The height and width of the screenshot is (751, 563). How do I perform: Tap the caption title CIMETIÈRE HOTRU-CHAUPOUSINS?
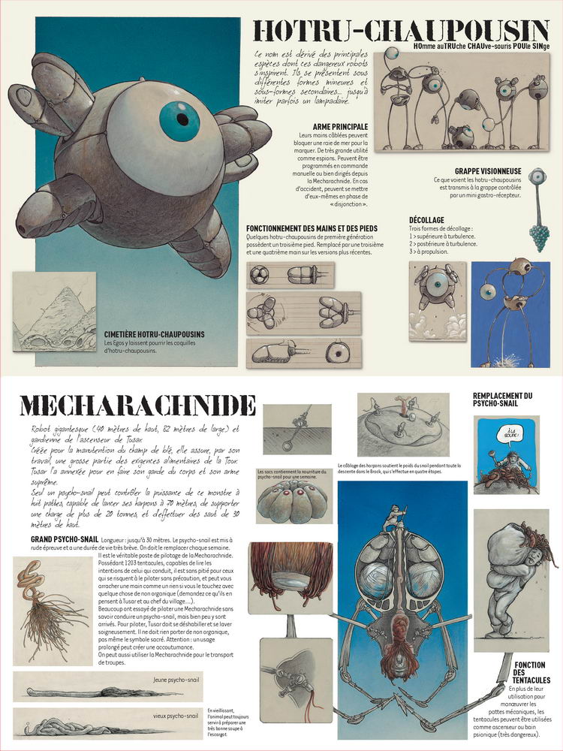(155, 334)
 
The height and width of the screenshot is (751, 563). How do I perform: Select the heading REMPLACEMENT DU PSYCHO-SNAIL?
(503, 400)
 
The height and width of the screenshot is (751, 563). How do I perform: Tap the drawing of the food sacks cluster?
(294, 500)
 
